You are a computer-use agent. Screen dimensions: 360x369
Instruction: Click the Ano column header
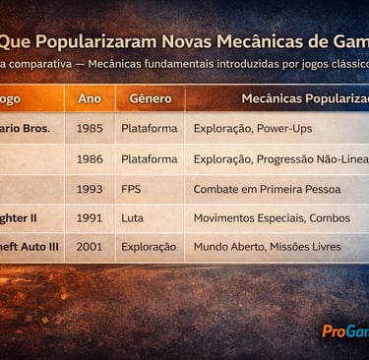(x=90, y=99)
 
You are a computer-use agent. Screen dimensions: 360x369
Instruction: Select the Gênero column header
(x=144, y=99)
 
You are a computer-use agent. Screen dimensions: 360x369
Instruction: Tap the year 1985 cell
(x=90, y=128)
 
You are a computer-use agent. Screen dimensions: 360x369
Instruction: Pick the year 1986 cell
(x=90, y=158)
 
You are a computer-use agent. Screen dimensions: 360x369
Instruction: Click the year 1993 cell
(x=90, y=188)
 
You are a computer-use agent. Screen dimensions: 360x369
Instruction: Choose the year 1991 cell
(x=90, y=217)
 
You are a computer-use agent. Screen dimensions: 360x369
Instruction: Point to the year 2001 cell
(x=90, y=247)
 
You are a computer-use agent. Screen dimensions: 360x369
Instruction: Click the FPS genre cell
(x=134, y=188)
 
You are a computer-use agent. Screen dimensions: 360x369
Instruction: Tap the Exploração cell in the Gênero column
(x=149, y=247)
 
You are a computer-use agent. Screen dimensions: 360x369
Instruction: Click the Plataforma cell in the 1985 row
(x=150, y=128)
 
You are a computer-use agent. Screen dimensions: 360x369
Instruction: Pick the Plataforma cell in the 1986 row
(x=150, y=158)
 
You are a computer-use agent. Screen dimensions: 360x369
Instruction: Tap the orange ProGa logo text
(x=344, y=331)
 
